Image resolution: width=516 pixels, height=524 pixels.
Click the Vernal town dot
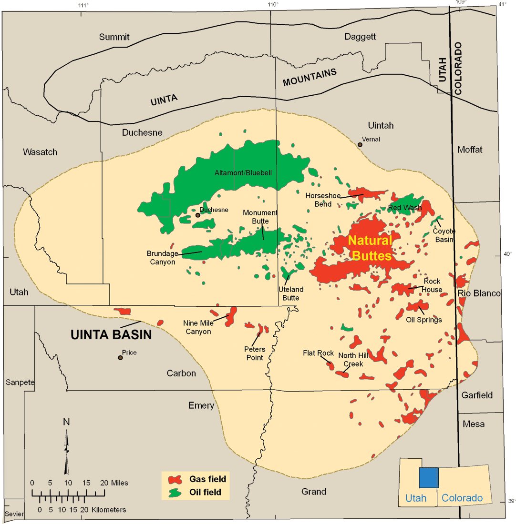(x=361, y=144)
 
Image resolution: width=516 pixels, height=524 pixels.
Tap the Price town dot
(x=121, y=358)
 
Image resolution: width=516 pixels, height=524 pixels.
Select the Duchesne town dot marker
(x=197, y=215)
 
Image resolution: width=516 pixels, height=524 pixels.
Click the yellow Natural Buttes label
(x=370, y=248)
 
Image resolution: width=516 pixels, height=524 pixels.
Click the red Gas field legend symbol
(x=176, y=479)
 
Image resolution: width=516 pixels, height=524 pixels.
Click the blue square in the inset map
(x=428, y=477)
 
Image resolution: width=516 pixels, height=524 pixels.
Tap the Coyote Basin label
(x=444, y=235)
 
